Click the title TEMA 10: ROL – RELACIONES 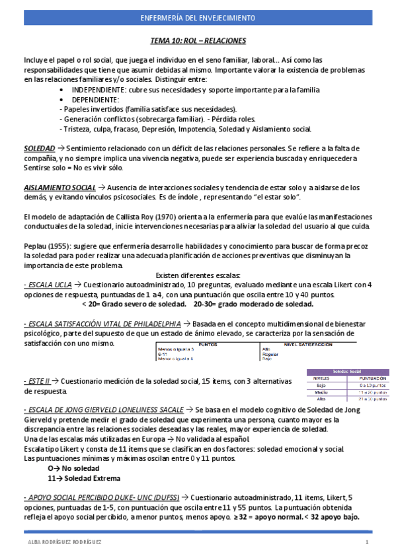tap(198, 41)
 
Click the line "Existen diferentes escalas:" tap(198, 275)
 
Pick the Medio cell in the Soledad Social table tap(321, 392)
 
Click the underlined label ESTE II tap(38, 382)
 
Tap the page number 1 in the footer tap(366, 542)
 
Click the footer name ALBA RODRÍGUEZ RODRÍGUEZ tap(65, 542)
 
